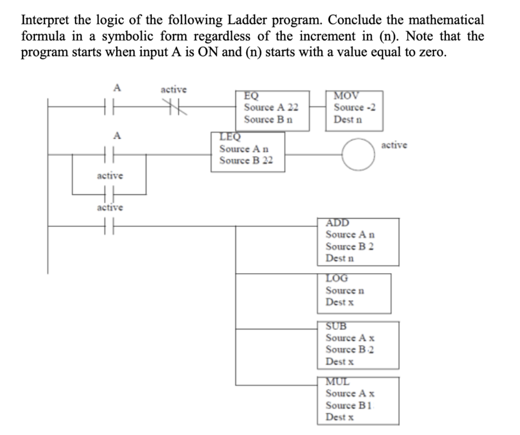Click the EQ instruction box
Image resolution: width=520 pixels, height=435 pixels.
click(273, 111)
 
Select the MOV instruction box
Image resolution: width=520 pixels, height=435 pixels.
click(354, 111)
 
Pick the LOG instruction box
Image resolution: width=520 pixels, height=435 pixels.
click(357, 293)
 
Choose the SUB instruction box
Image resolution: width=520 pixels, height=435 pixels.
click(358, 345)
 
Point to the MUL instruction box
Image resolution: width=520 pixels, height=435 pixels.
click(357, 401)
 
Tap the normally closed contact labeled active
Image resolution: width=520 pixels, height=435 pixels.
click(174, 108)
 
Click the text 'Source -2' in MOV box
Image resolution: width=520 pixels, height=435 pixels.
click(355, 108)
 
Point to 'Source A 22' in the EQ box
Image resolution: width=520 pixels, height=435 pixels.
click(271, 108)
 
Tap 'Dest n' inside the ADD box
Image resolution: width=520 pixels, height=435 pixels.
click(340, 258)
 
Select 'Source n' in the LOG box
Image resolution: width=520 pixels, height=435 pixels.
click(345, 290)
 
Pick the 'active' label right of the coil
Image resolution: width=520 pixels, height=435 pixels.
click(394, 145)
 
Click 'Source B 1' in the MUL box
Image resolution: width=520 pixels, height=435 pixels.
click(349, 406)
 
